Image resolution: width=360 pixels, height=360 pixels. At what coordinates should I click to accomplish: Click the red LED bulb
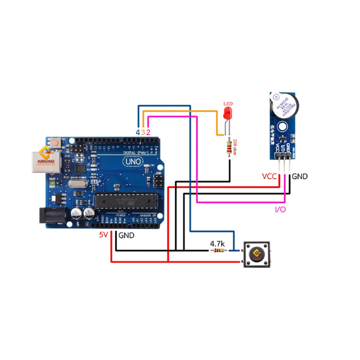227,114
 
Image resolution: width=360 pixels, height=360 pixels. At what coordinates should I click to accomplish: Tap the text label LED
227,104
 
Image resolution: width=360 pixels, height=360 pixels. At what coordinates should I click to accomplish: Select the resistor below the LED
229,147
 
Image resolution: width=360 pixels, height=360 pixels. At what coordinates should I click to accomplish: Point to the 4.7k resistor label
217,244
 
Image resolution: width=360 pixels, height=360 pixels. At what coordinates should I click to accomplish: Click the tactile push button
255,255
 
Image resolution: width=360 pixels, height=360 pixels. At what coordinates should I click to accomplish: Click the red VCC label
269,177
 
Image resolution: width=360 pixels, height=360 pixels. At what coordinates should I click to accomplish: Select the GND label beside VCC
299,177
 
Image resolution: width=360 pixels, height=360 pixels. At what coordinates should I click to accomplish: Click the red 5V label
104,235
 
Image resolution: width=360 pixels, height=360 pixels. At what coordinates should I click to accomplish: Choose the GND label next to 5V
126,236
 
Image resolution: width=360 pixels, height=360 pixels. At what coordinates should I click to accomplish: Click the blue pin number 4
137,131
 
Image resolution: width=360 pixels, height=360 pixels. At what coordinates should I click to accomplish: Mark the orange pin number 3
143,131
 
